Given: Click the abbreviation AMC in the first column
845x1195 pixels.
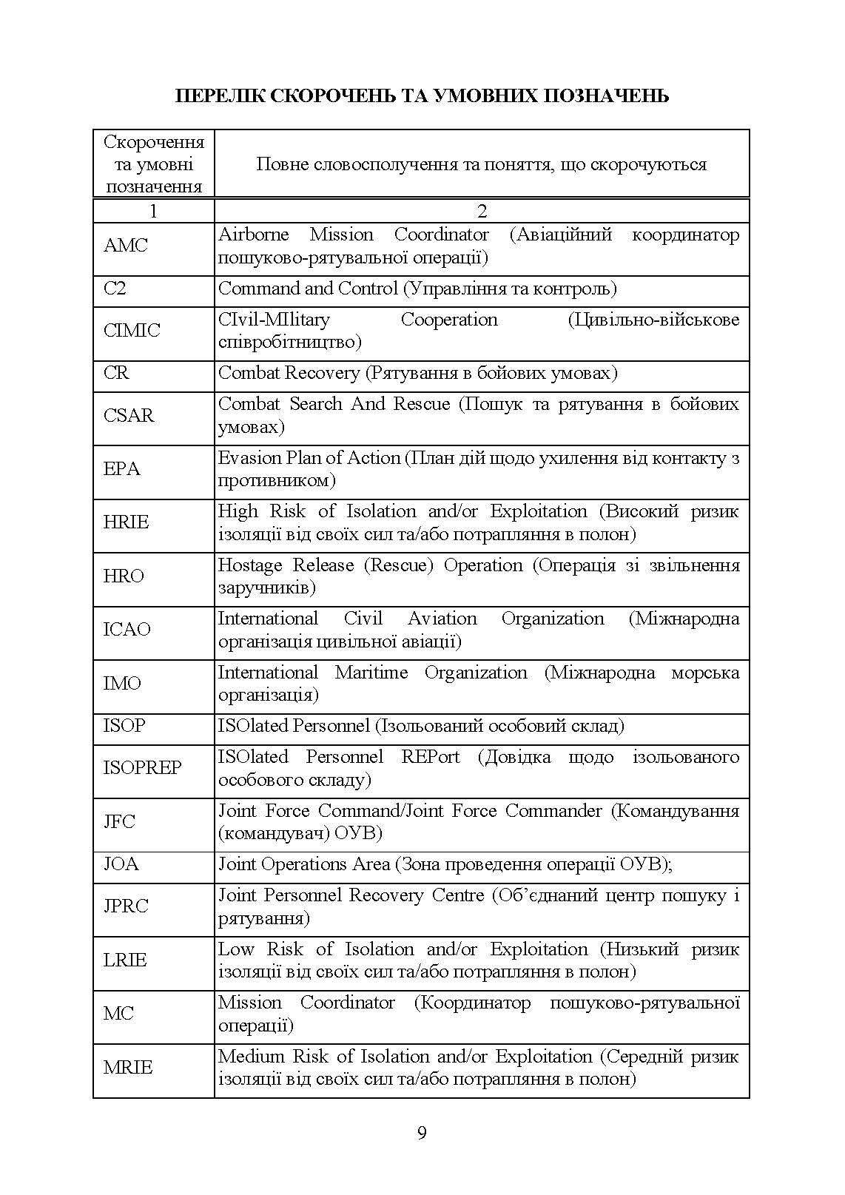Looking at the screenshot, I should pos(126,246).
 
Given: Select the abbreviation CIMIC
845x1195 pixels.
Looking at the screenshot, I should pos(132,331).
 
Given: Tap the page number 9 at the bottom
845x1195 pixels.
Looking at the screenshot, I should pos(422,1133).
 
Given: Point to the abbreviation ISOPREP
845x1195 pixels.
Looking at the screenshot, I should pos(142,768).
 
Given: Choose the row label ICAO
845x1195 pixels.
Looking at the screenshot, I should pos(127,630).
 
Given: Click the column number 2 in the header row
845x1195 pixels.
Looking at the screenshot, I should pos(482,212).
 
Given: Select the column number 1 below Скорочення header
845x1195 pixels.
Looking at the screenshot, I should pos(153,212).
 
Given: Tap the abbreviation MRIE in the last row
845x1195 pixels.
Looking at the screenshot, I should pos(128,1068).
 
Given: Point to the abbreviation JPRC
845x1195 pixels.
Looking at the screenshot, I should pos(126,906).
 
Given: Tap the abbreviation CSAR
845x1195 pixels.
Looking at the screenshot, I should pos(129,416).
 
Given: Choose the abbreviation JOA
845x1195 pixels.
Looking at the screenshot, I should pos(121,864).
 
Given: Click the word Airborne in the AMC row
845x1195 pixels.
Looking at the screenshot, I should pos(253,235).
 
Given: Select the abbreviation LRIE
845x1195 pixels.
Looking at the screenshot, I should pos(125,960).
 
